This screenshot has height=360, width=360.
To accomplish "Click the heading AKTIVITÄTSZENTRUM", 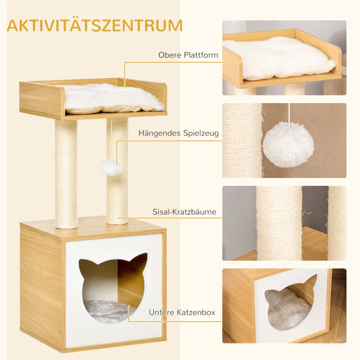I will (95, 25).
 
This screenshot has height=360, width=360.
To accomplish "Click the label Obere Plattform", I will (188, 55).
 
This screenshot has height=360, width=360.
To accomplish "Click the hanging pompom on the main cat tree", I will (111, 167).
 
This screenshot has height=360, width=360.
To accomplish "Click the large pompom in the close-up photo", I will (288, 144).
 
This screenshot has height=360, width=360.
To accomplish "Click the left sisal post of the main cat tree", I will (66, 171).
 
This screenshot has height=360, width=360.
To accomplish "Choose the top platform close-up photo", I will (284, 58).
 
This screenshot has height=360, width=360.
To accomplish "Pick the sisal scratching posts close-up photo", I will (284, 223).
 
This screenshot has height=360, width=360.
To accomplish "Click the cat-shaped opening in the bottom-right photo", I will (288, 302).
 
